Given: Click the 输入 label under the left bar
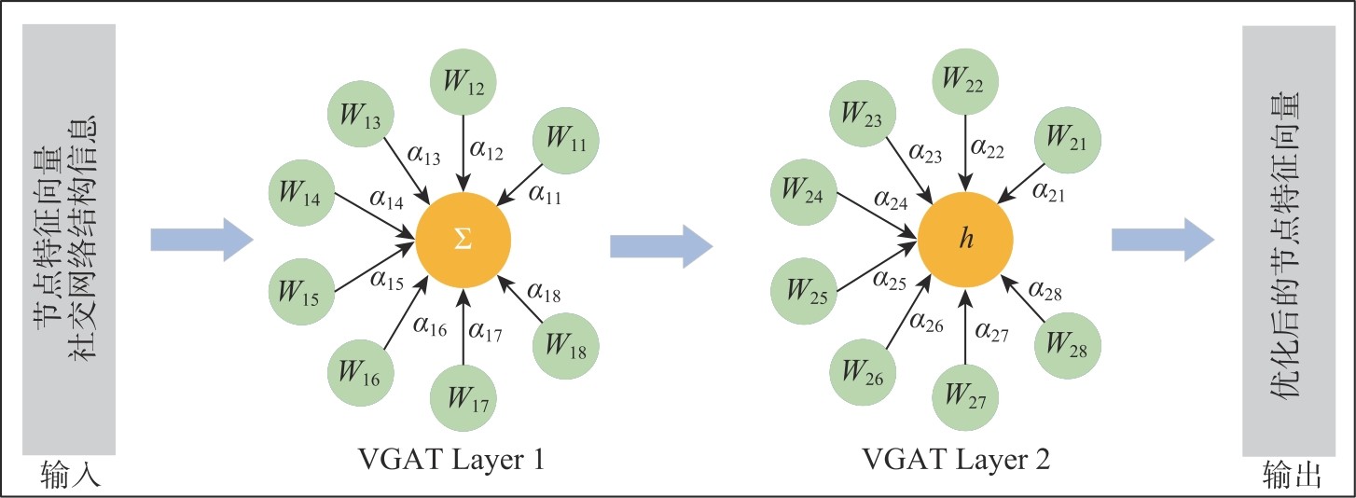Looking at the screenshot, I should click(x=70, y=477).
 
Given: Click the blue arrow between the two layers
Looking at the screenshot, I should click(x=661, y=246).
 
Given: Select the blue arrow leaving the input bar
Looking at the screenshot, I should click(x=201, y=242).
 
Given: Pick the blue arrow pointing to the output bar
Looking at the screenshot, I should click(x=1162, y=242).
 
